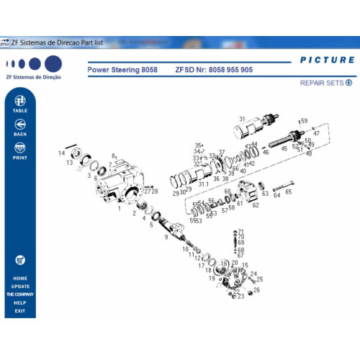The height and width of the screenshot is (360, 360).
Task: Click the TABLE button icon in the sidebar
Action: coord(20,100)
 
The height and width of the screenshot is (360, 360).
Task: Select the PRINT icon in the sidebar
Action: coord(20,149)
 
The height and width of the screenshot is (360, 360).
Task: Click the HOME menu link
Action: coord(20,278)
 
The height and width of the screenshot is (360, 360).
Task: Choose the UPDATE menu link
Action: coord(20,287)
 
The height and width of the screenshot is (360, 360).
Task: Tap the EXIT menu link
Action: coord(20,311)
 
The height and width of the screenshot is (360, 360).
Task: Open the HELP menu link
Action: coord(20,303)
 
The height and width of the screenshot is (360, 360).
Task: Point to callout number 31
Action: coord(242,119)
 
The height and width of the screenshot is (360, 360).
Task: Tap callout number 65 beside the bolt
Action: coord(288,192)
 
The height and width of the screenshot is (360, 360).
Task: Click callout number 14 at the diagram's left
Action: coord(62,153)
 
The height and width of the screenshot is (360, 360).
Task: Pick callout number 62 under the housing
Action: coord(255,205)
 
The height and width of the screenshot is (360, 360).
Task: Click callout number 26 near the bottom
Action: coord(256,290)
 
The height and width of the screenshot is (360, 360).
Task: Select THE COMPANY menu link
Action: coord(20,294)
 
